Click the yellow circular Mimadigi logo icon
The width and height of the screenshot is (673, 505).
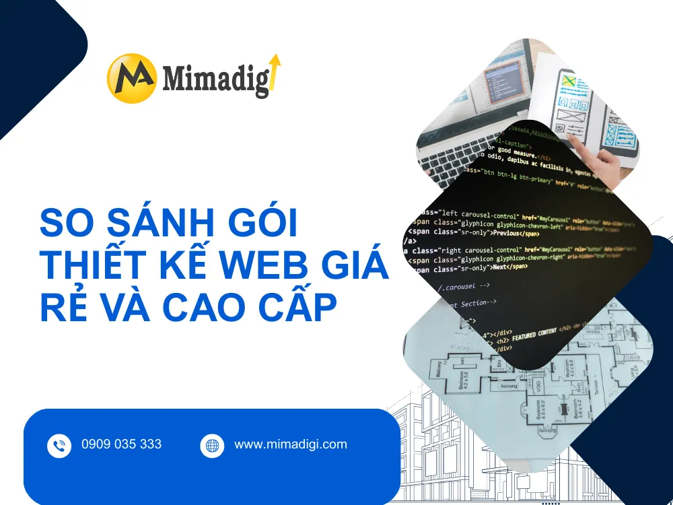pyautogui.click(x=132, y=78)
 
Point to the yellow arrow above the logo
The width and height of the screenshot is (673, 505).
pyautogui.click(x=275, y=70)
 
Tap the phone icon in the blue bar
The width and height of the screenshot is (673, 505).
pyautogui.click(x=59, y=445)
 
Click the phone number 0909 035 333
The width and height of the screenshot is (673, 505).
pyautogui.click(x=121, y=444)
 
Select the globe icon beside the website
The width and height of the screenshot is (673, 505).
pyautogui.click(x=212, y=445)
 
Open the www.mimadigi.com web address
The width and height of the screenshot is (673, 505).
pyautogui.click(x=290, y=444)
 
